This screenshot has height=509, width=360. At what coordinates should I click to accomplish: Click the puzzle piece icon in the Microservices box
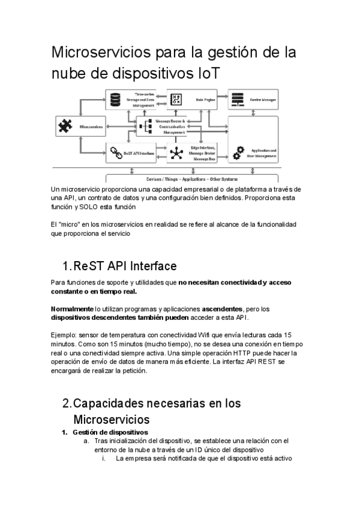64,127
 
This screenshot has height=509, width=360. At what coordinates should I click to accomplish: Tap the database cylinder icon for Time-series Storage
115,98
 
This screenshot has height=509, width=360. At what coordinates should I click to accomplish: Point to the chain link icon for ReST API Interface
115,153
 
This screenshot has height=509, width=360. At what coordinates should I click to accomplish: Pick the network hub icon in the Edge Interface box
175,153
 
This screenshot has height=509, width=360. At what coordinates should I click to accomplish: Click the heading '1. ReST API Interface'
119,265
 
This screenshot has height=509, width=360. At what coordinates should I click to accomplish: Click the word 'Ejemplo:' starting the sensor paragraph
65,334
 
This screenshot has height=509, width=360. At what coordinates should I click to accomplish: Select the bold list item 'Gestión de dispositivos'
110,432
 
